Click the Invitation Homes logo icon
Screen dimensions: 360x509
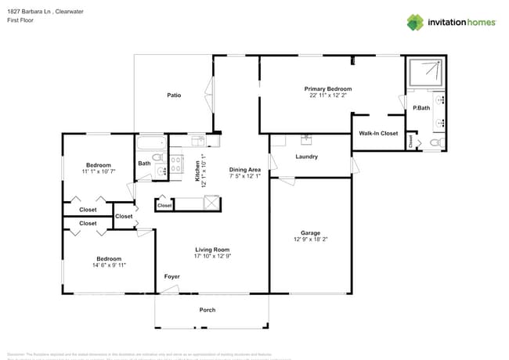pyautogui.click(x=415, y=22)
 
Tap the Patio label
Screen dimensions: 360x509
pyautogui.click(x=174, y=95)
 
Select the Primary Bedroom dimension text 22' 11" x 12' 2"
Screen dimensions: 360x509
pyautogui.click(x=328, y=96)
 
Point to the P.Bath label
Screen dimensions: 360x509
pyautogui.click(x=421, y=107)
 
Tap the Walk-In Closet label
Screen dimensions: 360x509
pyautogui.click(x=378, y=134)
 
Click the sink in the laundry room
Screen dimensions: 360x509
pyautogui.click(x=306, y=141)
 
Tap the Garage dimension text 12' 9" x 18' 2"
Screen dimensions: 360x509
pyautogui.click(x=311, y=239)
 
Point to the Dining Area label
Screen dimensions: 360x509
pyautogui.click(x=244, y=170)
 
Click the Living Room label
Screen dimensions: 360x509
pyautogui.click(x=211, y=249)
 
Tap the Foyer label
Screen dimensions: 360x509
pyautogui.click(x=171, y=277)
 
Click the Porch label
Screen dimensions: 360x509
pyautogui.click(x=208, y=310)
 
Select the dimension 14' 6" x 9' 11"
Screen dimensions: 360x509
pyautogui.click(x=109, y=265)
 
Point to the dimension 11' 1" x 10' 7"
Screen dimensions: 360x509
pyautogui.click(x=99, y=171)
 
